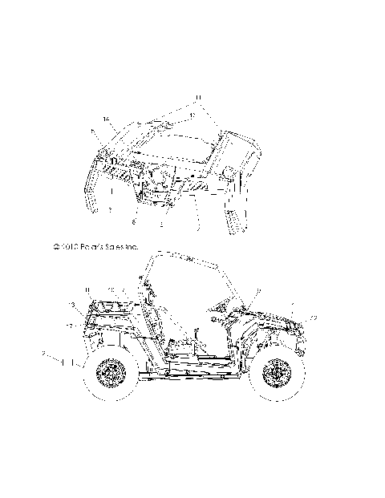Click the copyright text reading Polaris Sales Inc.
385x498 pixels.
pyautogui.click(x=102, y=249)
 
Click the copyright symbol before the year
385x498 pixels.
pyautogui.click(x=56, y=249)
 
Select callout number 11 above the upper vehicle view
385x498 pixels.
pyautogui.click(x=195, y=100)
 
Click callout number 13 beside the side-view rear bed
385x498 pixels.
pyautogui.click(x=71, y=306)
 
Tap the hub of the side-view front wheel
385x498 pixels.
pyautogui.click(x=278, y=375)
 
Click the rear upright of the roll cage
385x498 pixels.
pyautogui.click(x=148, y=305)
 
